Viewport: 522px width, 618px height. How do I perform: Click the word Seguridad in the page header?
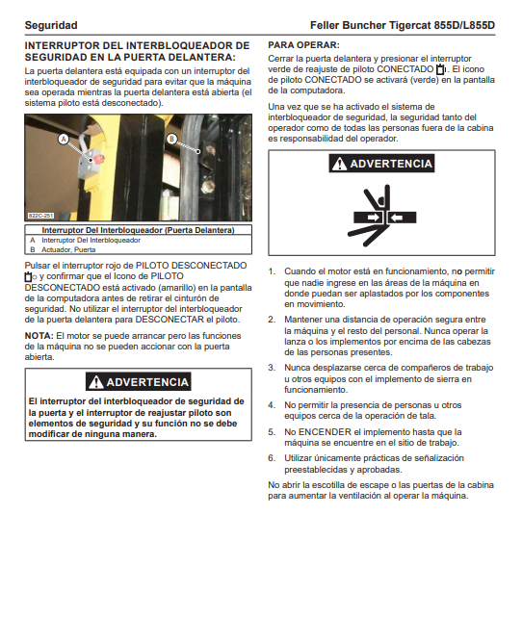(x=51, y=25)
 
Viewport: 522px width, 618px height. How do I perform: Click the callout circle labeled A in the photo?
(x=64, y=139)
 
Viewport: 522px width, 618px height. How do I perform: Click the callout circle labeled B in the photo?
(x=171, y=139)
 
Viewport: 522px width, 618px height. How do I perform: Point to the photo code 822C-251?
(x=40, y=216)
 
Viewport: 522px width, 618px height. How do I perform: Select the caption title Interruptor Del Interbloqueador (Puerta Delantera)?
(x=138, y=230)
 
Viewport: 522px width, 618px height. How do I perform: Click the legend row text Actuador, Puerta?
(x=68, y=249)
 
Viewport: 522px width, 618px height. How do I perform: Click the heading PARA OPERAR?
(x=303, y=45)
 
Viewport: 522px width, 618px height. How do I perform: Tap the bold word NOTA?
(x=39, y=336)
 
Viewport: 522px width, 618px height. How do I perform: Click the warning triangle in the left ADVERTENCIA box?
(x=95, y=382)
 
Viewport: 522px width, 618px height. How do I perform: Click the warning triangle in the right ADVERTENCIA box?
(x=339, y=164)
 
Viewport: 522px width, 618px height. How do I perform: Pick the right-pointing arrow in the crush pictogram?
(x=373, y=218)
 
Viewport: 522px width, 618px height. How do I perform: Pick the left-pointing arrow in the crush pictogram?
(x=397, y=218)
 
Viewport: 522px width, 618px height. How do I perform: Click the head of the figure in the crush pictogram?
(x=380, y=200)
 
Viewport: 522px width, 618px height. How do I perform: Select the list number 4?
(x=272, y=405)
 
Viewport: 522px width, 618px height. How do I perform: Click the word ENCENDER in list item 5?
(x=325, y=432)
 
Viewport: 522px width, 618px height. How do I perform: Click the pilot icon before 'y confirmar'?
(x=30, y=276)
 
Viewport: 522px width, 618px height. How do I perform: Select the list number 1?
(x=272, y=271)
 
